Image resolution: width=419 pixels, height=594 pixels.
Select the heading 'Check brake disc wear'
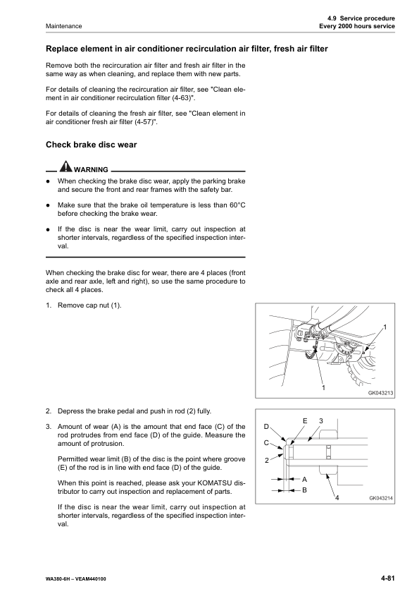click(x=91, y=145)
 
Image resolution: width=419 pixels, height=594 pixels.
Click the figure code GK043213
click(x=380, y=394)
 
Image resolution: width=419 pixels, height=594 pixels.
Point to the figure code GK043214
click(x=380, y=498)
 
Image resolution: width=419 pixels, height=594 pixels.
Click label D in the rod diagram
click(x=266, y=427)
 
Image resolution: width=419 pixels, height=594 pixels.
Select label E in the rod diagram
click(x=304, y=421)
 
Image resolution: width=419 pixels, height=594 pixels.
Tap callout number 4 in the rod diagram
click(x=337, y=499)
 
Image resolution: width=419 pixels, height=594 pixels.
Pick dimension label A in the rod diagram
click(x=304, y=479)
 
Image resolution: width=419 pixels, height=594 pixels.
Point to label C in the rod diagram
click(x=266, y=443)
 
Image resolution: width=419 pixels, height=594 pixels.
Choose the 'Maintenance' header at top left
click(x=64, y=26)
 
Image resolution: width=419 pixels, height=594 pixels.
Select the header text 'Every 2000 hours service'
click(x=357, y=26)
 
